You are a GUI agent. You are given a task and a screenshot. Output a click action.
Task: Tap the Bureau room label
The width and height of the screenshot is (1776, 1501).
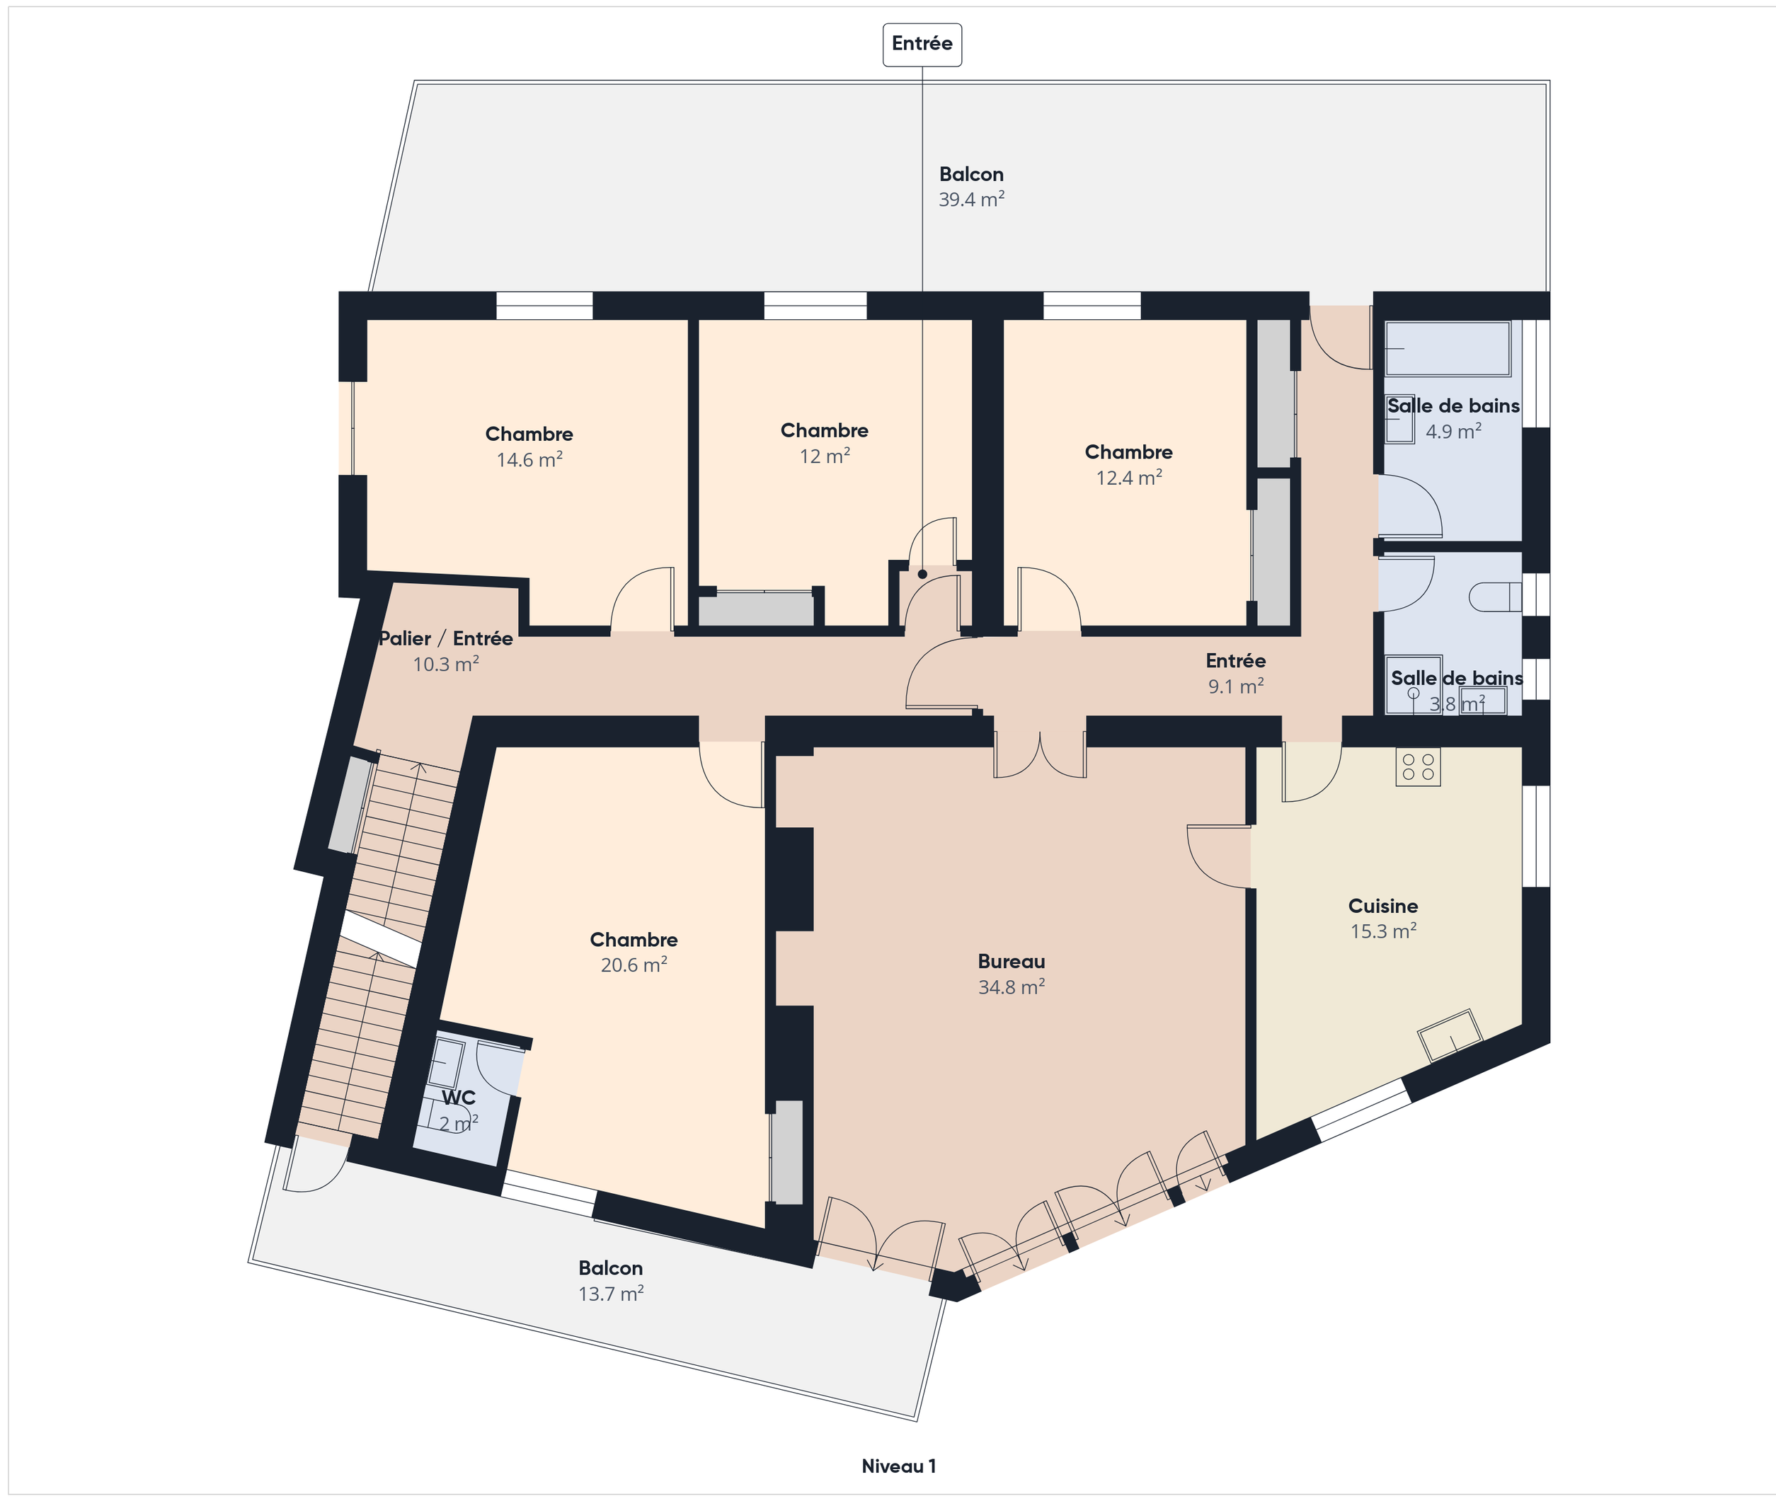click(x=1011, y=962)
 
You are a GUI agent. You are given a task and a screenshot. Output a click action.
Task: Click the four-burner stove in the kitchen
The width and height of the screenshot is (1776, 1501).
click(x=1418, y=766)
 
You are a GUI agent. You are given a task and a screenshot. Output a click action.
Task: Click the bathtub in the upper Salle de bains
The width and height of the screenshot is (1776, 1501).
click(x=1448, y=349)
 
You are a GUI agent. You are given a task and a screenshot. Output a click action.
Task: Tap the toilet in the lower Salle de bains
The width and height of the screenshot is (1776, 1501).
click(x=1495, y=597)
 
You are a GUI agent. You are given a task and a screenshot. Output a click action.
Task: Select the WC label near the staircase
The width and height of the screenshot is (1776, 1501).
click(x=458, y=1098)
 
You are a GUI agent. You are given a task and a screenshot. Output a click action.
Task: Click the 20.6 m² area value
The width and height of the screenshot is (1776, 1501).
click(x=633, y=966)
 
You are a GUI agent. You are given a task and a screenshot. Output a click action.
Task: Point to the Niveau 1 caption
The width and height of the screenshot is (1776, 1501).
click(x=899, y=1466)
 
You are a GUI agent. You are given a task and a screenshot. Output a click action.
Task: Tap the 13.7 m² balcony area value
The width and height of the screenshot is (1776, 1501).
click(x=611, y=1294)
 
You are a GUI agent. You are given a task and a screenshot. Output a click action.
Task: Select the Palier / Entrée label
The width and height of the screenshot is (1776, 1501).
click(x=446, y=639)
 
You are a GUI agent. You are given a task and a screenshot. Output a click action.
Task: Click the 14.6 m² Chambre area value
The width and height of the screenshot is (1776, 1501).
click(x=529, y=460)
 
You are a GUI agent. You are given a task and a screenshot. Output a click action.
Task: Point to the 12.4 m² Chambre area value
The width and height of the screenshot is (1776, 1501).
click(x=1128, y=478)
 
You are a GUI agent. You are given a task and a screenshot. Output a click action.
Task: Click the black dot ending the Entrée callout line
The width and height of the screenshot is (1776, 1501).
click(x=922, y=575)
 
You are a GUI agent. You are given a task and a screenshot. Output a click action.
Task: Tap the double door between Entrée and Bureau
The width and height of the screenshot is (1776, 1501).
click(x=1040, y=753)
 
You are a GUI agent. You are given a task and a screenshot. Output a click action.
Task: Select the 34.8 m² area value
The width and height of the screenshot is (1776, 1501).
click(x=1011, y=988)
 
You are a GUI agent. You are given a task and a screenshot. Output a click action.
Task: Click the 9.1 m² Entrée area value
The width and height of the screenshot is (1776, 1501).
click(x=1236, y=686)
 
